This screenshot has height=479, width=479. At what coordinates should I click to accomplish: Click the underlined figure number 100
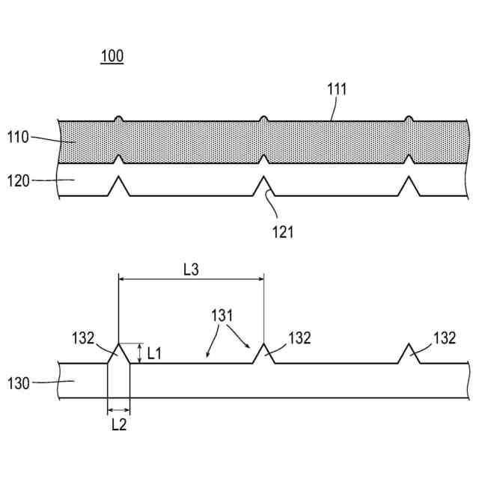point(112,56)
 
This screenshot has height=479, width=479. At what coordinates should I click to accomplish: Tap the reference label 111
point(337,90)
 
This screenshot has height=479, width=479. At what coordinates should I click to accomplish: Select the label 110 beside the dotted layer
point(18,137)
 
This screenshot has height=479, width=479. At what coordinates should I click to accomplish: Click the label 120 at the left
point(18,180)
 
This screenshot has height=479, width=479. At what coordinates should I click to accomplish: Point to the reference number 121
point(283,231)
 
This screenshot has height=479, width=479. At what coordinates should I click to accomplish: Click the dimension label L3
point(191,269)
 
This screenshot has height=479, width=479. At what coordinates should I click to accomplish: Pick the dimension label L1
point(155,353)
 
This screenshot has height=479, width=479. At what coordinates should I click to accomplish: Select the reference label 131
point(222,316)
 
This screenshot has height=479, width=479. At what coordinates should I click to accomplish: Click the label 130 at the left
point(18,384)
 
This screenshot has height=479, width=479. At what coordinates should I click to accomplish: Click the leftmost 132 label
point(84,338)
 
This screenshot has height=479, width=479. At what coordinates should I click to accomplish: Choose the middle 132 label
point(299,338)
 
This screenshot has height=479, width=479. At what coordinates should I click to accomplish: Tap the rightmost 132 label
point(445,338)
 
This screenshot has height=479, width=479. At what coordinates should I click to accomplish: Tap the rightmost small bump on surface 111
point(409,118)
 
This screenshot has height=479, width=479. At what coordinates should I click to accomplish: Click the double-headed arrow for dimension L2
point(118,409)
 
